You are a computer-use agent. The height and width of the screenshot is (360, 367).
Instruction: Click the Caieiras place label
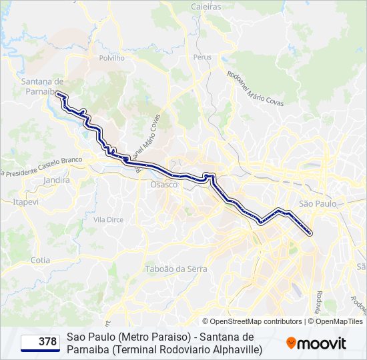click(207, 6)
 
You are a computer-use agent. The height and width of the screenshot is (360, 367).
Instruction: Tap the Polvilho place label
click(112, 58)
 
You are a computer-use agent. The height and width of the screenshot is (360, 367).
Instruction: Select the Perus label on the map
click(202, 57)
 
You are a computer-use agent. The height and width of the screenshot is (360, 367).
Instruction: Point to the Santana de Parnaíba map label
click(42, 86)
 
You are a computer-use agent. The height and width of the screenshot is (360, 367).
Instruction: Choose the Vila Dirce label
click(108, 219)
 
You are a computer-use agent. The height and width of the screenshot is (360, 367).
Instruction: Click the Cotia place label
click(40, 260)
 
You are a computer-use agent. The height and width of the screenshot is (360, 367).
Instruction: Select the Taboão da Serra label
click(176, 269)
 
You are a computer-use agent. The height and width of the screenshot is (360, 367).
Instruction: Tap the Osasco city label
click(164, 185)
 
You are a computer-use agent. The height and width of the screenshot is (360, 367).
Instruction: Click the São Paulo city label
click(317, 203)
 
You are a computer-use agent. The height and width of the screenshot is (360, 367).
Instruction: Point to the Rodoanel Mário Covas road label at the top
click(256, 89)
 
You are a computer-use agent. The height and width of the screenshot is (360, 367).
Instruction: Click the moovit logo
click(316, 343)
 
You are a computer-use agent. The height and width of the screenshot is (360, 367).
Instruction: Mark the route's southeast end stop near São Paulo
click(311, 233)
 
